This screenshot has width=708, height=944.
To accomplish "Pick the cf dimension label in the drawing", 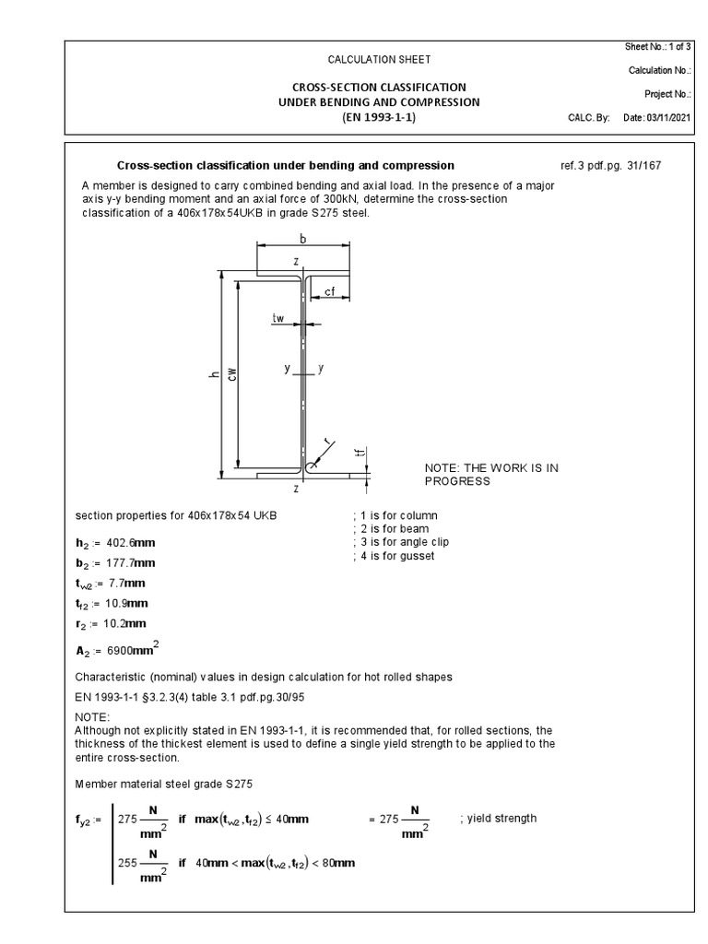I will [330, 291].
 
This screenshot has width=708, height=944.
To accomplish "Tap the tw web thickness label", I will [278, 318].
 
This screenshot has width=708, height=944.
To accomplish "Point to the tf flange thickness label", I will [362, 453].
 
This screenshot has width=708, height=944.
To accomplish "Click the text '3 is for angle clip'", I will [400, 542].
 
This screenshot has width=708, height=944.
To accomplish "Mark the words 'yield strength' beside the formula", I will [505, 818].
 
